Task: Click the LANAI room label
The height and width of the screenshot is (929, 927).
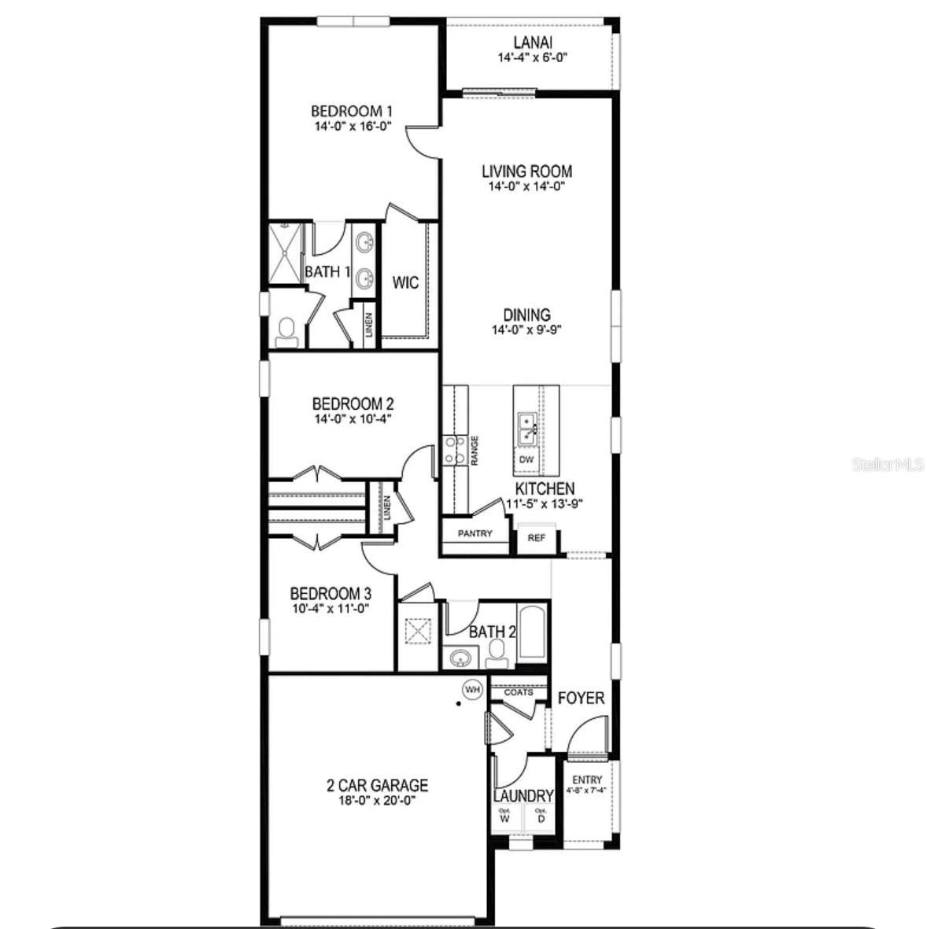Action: (533, 42)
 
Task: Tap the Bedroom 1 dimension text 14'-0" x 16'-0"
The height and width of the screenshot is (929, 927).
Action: (351, 127)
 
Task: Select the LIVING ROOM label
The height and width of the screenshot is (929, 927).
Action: (526, 171)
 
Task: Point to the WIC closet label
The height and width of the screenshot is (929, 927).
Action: (406, 282)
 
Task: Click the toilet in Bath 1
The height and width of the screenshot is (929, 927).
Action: (286, 332)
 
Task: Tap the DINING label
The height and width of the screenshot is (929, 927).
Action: (526, 315)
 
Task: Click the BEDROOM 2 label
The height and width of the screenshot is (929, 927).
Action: (352, 404)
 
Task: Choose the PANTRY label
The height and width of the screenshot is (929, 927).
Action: (475, 533)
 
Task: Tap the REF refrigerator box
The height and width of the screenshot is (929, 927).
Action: (536, 538)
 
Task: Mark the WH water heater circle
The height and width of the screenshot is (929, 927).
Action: (472, 690)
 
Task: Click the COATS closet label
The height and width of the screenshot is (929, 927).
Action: (518, 692)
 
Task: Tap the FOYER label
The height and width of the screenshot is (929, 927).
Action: (581, 699)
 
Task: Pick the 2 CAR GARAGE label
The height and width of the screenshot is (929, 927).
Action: (377, 785)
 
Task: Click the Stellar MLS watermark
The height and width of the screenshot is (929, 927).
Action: (888, 465)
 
